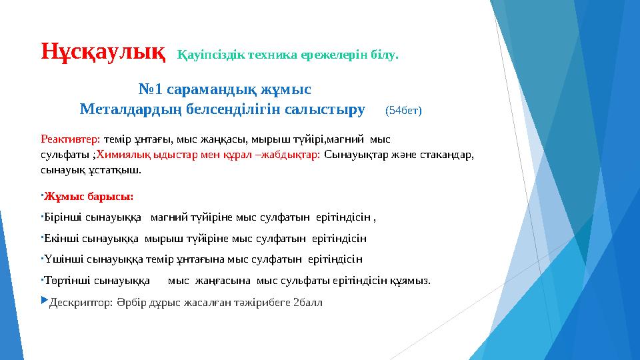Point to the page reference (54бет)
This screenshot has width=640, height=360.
coord(403,110)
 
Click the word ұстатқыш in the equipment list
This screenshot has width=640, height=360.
coord(119,170)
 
